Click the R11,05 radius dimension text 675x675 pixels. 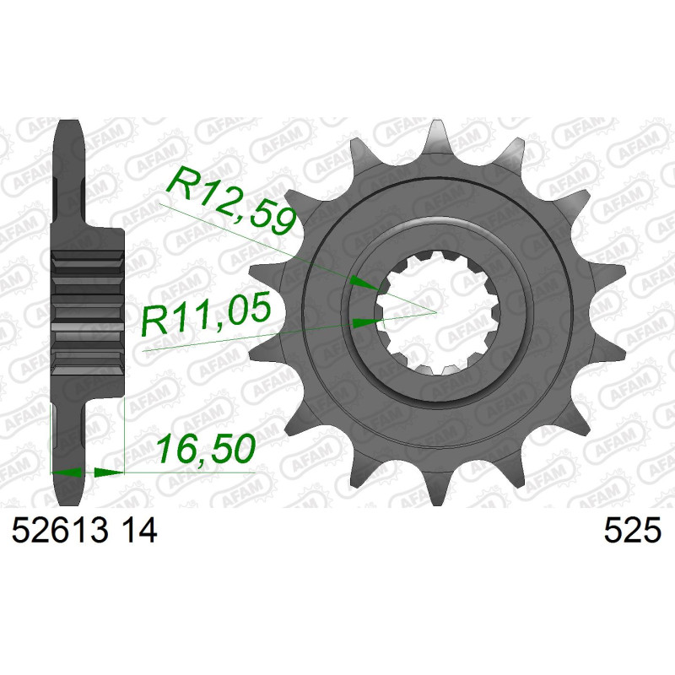[206, 313]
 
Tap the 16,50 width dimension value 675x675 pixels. [206, 449]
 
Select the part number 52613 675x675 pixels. [60, 531]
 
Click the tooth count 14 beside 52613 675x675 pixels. [139, 531]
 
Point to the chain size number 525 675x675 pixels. [632, 531]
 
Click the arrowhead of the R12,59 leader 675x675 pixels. [365, 283]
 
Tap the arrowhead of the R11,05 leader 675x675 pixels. [367, 322]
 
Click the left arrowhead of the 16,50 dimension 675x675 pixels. [67, 472]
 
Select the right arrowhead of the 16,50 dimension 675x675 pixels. [109, 472]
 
